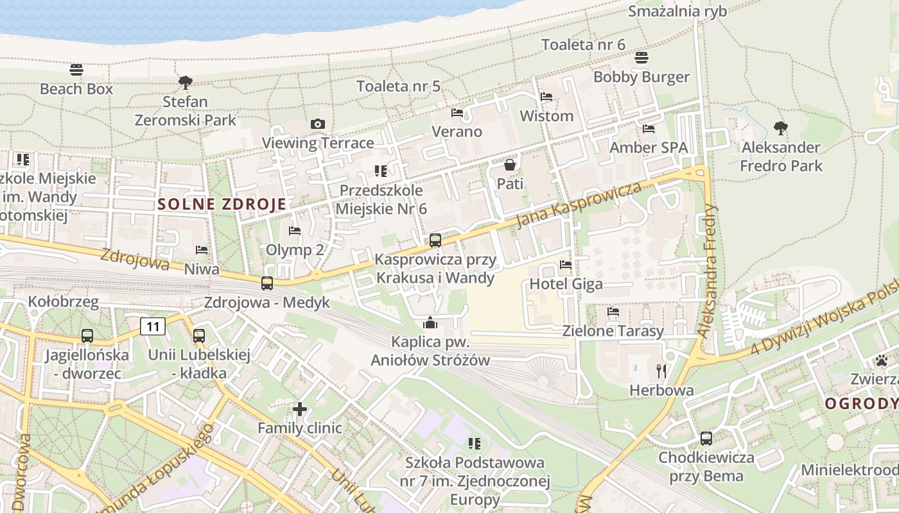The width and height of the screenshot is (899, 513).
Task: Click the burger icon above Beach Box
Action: pyautogui.click(x=76, y=70)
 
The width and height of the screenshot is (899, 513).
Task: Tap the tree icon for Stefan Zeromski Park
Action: pyautogui.click(x=186, y=83)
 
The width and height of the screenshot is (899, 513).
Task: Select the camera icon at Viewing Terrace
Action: pyautogui.click(x=317, y=124)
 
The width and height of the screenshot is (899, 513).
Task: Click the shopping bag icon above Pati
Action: pyautogui.click(x=510, y=165)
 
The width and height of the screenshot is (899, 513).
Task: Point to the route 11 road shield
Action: pyautogui.click(x=153, y=326)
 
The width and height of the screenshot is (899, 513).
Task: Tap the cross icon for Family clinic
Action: pyautogui.click(x=299, y=408)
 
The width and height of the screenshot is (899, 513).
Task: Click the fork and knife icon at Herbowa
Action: pyautogui.click(x=661, y=371)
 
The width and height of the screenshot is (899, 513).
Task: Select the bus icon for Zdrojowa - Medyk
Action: pyautogui.click(x=266, y=283)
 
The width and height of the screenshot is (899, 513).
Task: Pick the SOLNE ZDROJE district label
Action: pyautogui.click(x=222, y=205)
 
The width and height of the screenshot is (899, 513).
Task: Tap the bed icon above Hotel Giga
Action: pyautogui.click(x=566, y=264)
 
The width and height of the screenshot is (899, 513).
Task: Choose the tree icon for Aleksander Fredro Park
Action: pyautogui.click(x=780, y=128)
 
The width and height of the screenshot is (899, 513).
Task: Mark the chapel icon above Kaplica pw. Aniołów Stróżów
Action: pyautogui.click(x=430, y=323)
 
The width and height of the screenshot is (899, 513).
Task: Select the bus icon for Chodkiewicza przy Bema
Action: pyautogui.click(x=706, y=439)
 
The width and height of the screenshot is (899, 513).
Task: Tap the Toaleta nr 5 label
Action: pyautogui.click(x=398, y=86)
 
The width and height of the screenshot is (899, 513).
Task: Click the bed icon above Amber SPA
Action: pyautogui.click(x=649, y=129)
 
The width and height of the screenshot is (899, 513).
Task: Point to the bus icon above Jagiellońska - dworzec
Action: pyautogui.click(x=87, y=335)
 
